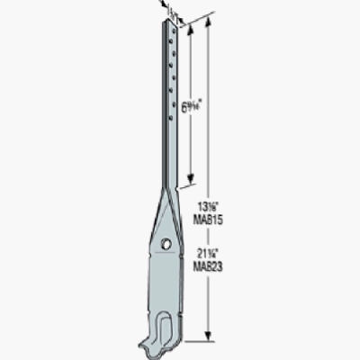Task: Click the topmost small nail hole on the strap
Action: [x=170, y=36]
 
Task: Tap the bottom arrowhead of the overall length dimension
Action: [x=210, y=339]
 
